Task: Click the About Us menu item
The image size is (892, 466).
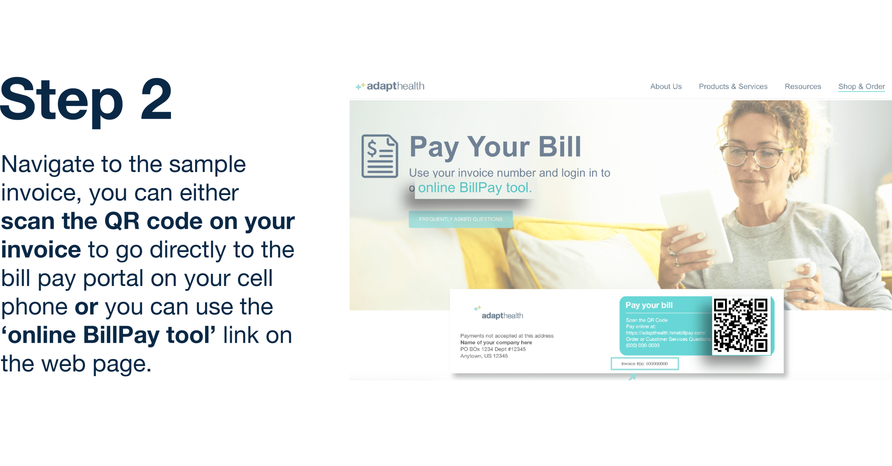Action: click(x=666, y=86)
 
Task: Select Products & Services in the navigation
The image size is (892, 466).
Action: click(x=733, y=86)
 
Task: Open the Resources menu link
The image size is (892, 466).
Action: click(x=803, y=86)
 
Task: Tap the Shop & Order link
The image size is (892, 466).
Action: click(x=861, y=86)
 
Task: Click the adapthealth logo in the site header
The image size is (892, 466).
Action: click(x=390, y=86)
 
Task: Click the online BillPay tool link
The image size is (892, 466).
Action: click(x=475, y=188)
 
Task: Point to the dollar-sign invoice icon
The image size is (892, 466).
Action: click(x=380, y=156)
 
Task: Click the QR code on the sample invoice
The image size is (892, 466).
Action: click(x=740, y=325)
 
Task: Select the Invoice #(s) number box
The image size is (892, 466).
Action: click(x=645, y=364)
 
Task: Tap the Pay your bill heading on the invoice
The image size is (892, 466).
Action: click(x=649, y=305)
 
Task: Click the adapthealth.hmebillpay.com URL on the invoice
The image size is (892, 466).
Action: click(x=666, y=333)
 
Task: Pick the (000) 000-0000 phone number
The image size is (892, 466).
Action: click(x=643, y=345)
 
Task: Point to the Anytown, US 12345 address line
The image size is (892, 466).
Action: click(x=484, y=356)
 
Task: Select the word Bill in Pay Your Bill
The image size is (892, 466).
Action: click(x=560, y=147)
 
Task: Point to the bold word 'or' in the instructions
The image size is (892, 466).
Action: click(x=86, y=307)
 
